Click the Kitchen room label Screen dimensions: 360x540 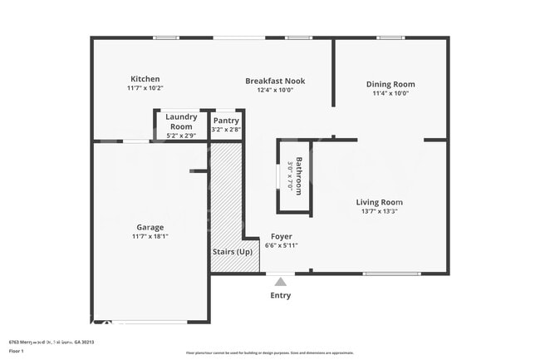point(145,79)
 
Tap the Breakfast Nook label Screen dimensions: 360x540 point(275,81)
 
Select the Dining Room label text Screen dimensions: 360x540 point(390,84)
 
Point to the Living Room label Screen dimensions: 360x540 point(379,202)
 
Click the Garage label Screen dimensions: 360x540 point(150,227)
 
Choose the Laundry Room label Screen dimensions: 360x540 point(181,121)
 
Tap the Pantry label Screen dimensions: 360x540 point(226,121)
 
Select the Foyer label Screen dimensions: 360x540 point(281,236)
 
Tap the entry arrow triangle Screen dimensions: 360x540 point(281,282)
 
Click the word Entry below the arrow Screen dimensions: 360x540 point(281,295)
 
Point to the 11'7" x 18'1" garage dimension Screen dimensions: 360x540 point(150,236)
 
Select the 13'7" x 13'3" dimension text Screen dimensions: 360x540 point(379,211)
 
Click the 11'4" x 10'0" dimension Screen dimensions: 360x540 point(390,93)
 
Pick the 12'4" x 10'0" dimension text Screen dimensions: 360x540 point(275,90)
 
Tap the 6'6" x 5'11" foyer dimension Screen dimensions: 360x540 point(281,245)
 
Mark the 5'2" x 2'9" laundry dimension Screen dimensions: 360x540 point(181,135)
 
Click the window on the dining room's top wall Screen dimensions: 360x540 point(390,37)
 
